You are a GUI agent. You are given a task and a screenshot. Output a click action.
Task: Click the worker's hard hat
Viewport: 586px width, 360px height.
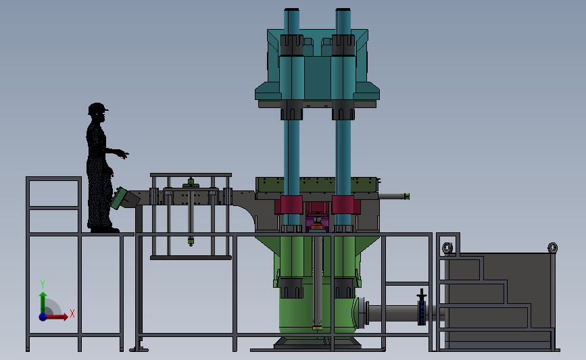tap(97, 108)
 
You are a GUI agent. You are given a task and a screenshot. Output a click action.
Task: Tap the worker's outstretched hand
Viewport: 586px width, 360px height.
tap(123, 154)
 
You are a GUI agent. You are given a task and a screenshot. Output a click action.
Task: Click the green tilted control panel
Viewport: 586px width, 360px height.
tap(119, 199)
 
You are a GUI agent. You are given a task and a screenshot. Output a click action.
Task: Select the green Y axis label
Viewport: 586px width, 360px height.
tap(43, 284)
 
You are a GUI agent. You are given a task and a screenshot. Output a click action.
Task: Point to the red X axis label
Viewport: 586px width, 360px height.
tap(72, 313)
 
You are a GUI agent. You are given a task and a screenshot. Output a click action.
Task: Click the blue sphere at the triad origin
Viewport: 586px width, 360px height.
tap(43, 317)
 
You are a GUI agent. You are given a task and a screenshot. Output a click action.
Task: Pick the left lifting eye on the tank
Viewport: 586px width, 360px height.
tap(447, 248)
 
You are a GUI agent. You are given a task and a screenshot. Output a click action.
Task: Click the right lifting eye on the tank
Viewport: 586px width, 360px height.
tap(552, 248)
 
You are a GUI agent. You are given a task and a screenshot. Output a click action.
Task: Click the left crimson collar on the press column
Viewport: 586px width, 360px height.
tap(289, 205)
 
